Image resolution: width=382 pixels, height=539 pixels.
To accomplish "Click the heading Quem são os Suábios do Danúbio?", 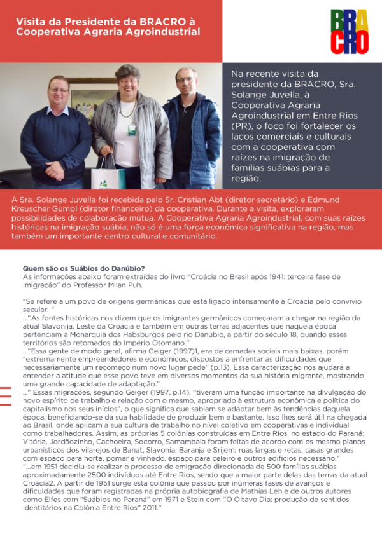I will coord(84,269).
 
